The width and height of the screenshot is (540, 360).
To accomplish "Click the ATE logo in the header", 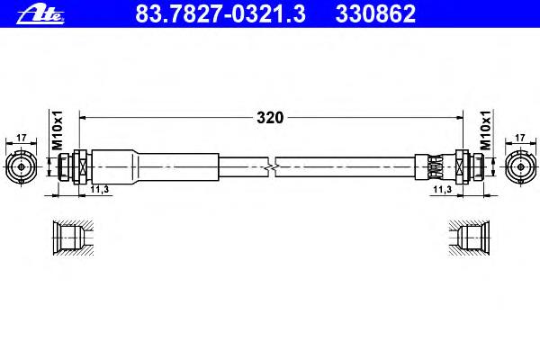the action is click(x=40, y=14).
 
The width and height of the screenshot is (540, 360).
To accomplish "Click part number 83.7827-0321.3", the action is click(x=220, y=13).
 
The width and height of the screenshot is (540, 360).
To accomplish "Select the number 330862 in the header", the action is click(x=375, y=13).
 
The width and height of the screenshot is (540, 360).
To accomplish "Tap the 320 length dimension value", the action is click(x=270, y=118).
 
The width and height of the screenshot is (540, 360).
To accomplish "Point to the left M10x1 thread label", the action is click(x=58, y=130).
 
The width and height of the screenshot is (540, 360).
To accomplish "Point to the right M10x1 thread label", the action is click(x=485, y=130).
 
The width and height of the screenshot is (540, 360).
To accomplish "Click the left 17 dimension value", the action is click(x=22, y=138).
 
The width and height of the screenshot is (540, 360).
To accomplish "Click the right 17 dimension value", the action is click(x=520, y=138).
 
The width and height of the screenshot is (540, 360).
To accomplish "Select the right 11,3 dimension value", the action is click(x=443, y=189).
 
